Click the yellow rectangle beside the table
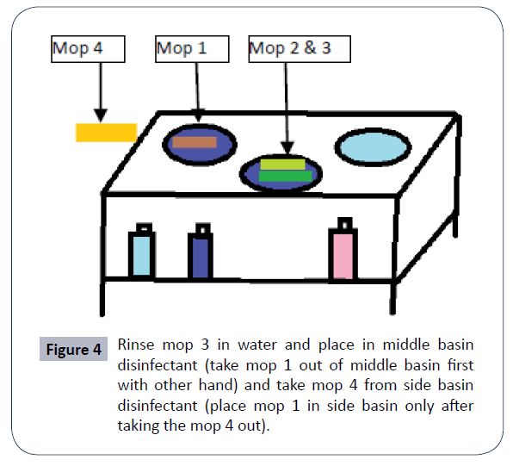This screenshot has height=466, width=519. point(106,132)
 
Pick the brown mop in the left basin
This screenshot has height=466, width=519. point(194,142)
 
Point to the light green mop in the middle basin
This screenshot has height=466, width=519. point(283,164)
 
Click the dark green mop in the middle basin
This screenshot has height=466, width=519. point(286,177)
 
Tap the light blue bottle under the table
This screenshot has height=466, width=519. point(139,254)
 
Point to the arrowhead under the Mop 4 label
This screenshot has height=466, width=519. point(99,115)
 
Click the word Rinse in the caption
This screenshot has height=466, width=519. point(137,344)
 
